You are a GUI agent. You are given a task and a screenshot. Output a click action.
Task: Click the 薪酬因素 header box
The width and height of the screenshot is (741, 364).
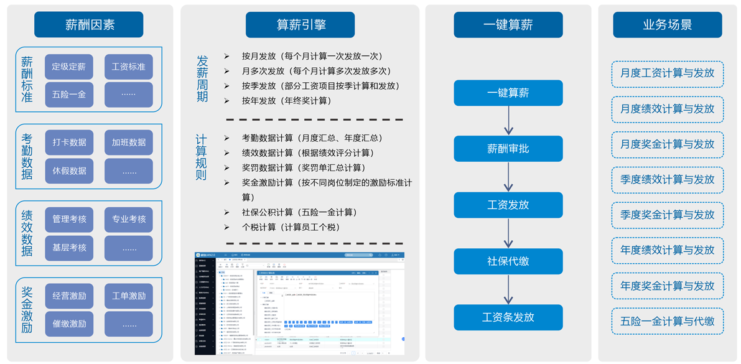pos(89,25)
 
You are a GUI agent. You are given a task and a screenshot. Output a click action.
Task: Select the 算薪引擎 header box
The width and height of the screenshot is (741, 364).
pos(301,25)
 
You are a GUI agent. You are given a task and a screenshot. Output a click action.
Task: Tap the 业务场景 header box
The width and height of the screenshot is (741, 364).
pos(667,25)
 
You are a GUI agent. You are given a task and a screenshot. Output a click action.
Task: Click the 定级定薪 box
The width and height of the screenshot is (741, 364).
pos(69,67)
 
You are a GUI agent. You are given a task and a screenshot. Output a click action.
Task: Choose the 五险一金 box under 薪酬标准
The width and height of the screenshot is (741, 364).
pos(69,95)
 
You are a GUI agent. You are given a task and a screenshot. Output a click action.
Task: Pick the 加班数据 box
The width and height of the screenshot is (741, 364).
pos(129,142)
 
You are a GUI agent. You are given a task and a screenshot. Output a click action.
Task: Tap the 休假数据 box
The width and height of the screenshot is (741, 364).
pos(69,170)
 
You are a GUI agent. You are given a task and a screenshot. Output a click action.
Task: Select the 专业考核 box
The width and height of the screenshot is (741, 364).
pos(129,219)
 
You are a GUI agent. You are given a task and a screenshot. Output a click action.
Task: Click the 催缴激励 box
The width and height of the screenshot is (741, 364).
pos(69,324)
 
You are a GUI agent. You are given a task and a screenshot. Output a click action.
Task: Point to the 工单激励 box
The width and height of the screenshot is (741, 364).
pos(129,296)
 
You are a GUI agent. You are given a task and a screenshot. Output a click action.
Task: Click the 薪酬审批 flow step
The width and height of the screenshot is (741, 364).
pos(508,149)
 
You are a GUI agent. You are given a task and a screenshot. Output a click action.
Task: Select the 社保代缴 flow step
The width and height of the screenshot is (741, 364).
pos(508,261)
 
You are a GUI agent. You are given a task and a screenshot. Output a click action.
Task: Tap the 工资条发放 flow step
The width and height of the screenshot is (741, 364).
pos(508,317)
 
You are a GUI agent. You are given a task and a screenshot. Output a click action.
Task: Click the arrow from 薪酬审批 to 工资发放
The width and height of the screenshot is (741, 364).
pos(508,177)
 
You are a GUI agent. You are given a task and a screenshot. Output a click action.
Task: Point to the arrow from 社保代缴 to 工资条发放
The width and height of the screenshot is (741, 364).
pos(508,289)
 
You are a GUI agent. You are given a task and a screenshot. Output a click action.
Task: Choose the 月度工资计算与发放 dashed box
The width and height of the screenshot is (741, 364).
pos(667,73)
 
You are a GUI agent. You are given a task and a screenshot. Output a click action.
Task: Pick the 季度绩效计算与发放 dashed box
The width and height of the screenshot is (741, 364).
pos(667,180)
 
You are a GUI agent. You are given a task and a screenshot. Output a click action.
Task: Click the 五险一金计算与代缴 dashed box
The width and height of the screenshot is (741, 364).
pos(667,322)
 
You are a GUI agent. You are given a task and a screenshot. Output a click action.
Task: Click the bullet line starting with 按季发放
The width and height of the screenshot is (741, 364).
pos(311,86)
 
